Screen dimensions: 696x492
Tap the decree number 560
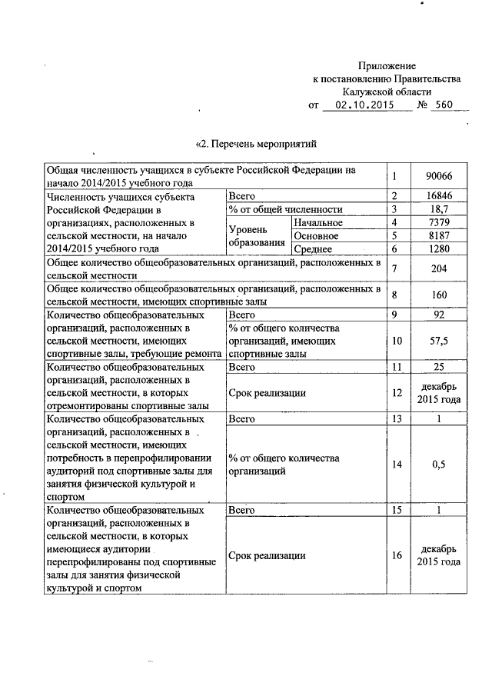(x=444, y=105)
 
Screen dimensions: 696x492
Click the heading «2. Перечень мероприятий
(x=257, y=143)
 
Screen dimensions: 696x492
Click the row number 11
(x=396, y=367)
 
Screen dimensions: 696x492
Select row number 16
(x=396, y=555)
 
